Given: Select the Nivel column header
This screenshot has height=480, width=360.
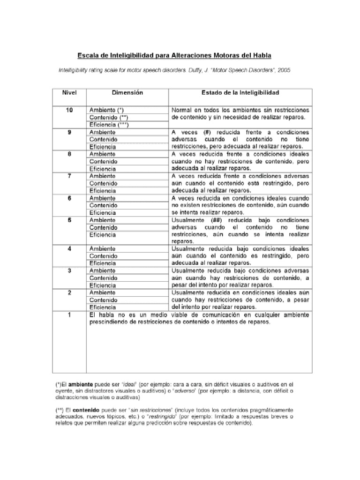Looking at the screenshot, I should [x=69, y=93].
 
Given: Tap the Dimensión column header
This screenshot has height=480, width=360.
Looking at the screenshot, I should [x=127, y=93].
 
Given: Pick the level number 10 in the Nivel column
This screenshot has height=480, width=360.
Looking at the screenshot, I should [x=69, y=110].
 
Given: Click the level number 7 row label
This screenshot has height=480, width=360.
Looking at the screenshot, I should [x=69, y=176].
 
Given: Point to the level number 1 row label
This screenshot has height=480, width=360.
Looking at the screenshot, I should [x=69, y=315].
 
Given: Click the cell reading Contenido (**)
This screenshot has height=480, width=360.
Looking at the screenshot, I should [x=109, y=117].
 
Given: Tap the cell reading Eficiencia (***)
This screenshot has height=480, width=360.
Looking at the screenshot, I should [x=109, y=125].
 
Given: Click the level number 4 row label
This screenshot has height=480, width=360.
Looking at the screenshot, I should [x=69, y=248].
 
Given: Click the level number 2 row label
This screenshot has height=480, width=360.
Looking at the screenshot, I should [x=69, y=292].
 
